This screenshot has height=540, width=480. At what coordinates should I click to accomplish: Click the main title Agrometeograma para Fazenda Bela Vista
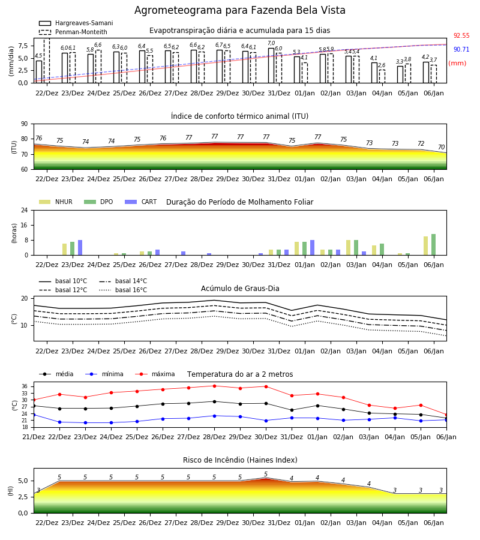pos(239,10)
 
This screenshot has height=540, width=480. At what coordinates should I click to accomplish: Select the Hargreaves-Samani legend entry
pos(76,23)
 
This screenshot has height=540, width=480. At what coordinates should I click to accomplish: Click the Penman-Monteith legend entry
pos(73,32)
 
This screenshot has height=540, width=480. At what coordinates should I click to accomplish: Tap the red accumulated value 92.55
pos(461,35)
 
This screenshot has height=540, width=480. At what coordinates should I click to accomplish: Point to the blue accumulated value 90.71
pos(461,49)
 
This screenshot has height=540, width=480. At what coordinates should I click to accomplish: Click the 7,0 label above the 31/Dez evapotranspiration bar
pos(271,43)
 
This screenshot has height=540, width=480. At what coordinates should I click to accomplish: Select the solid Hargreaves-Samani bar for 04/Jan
pos(374,73)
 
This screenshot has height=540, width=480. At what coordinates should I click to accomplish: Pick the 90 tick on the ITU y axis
pos(25,124)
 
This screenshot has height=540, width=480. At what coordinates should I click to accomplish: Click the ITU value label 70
pos(441,147)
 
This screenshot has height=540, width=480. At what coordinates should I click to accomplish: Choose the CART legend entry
pos(141,202)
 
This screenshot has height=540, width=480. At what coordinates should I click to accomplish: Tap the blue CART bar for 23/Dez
pos(80,248)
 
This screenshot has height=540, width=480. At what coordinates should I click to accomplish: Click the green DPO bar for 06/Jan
pos(434,245)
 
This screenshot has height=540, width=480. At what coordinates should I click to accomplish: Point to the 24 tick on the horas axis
pos(25,211)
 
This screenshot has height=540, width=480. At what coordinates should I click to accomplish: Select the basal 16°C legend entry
pos(123,290)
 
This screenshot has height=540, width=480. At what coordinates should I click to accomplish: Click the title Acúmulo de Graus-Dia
pos(240,289)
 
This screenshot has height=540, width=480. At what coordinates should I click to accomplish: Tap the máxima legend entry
pos(155,374)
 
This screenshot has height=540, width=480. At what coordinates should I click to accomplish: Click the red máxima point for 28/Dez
pos(215,386)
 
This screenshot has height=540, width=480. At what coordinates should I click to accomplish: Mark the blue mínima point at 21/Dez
pos(34,415)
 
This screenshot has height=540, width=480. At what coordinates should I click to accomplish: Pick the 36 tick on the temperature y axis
pos(25,386)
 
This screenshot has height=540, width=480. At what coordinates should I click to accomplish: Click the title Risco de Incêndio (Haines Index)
pos(240,460)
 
